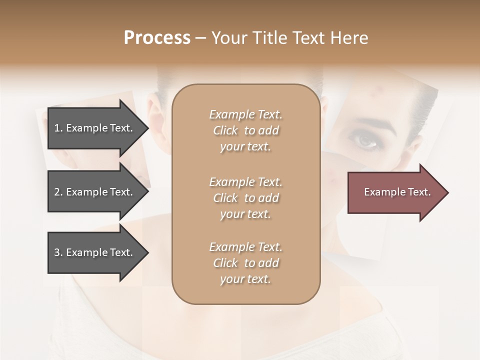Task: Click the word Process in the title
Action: pyautogui.click(x=157, y=38)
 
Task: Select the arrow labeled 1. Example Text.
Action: pyautogui.click(x=95, y=128)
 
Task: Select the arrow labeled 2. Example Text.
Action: pyautogui.click(x=95, y=192)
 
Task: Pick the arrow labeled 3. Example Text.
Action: pyautogui.click(x=95, y=252)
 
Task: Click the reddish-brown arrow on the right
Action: pyautogui.click(x=395, y=192)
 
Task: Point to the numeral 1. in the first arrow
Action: pyautogui.click(x=58, y=128)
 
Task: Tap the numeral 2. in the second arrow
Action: pyautogui.click(x=58, y=192)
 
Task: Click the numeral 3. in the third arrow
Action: pyautogui.click(x=58, y=252)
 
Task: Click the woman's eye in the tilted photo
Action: pyautogui.click(x=367, y=141)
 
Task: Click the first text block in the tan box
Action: pyautogui.click(x=245, y=130)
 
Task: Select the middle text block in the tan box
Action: pyautogui.click(x=245, y=197)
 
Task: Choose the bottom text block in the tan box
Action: pyautogui.click(x=245, y=263)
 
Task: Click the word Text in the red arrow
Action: pyautogui.click(x=418, y=192)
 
